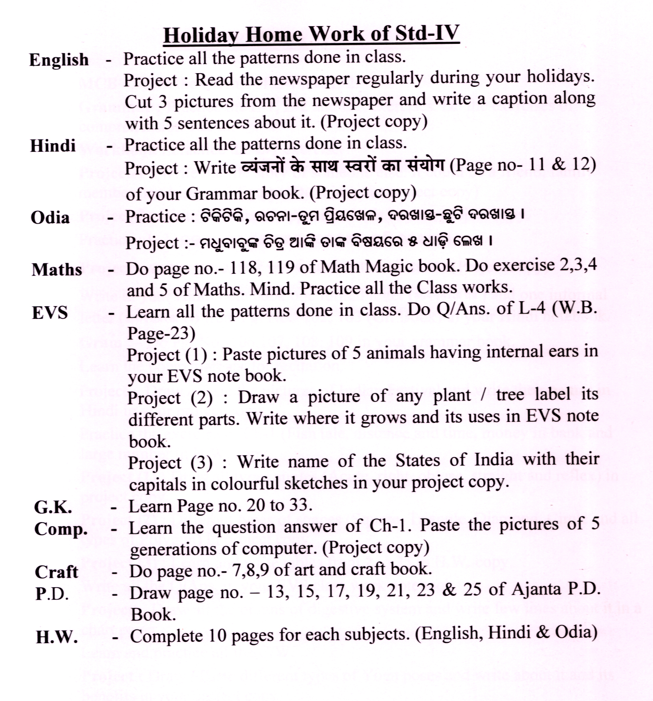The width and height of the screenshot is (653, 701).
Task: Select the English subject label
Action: coord(59,60)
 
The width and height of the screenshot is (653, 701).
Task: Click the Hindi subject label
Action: coord(53,146)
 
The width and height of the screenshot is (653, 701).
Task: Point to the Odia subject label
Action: coord(50,218)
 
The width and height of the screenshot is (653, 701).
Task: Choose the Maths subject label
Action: coord(57,270)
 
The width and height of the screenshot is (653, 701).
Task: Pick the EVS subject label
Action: coord(50,313)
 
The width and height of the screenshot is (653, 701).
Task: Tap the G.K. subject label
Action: coord(53,507)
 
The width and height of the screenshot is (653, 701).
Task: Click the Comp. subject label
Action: coord(61,528)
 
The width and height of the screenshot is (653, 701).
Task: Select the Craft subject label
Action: coord(57,572)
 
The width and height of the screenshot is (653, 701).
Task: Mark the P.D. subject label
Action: coord(52,594)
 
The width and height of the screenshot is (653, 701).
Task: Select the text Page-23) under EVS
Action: coord(161,333)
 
